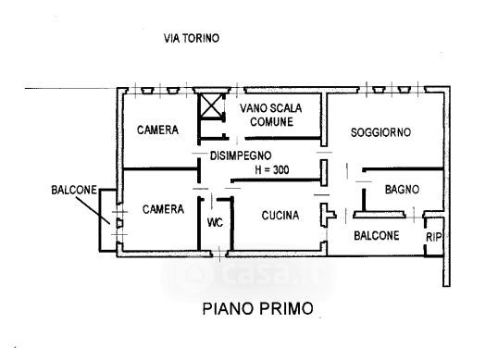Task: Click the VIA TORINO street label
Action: (192, 39)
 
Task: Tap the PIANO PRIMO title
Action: (258, 308)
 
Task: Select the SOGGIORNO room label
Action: (380, 132)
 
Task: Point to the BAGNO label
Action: (402, 190)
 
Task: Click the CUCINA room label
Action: (280, 216)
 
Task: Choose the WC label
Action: (215, 222)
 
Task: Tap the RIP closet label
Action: (433, 237)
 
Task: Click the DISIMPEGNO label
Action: (241, 155)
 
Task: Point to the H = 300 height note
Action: (272, 170)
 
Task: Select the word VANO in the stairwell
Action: (254, 108)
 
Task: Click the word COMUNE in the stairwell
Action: (271, 122)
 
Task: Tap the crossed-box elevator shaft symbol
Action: (211, 106)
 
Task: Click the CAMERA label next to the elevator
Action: (157, 130)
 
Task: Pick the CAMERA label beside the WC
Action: (163, 209)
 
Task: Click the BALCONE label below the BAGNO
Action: (377, 236)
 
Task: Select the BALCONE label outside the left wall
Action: (74, 190)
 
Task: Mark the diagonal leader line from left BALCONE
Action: (93, 210)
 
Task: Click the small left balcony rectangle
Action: (108, 220)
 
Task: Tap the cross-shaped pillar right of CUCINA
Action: (328, 215)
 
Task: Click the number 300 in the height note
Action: (280, 170)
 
